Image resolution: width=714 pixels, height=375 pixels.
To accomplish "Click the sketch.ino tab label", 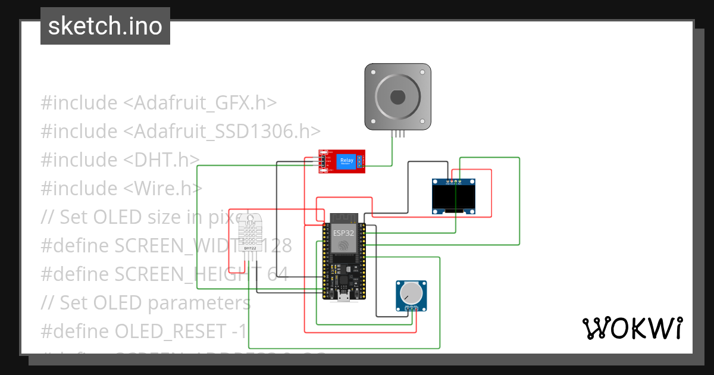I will (105, 26).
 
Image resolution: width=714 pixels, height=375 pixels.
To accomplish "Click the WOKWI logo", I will (632, 328).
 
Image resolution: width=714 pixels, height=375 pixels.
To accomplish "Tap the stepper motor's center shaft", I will (397, 96).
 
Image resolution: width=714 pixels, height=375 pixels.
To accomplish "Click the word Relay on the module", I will (346, 160).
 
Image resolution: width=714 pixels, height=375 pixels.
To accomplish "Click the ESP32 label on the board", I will (342, 233).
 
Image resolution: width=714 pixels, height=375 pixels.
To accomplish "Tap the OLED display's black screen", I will (453, 196).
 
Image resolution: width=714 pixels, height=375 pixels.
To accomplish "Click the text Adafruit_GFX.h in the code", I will (200, 103).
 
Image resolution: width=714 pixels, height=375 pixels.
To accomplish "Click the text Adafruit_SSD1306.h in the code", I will (222, 132).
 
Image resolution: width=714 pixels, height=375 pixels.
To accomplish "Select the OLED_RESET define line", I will (143, 331).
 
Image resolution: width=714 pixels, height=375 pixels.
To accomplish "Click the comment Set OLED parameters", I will (155, 302).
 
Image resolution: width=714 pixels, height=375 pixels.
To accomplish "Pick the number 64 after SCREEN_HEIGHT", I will (277, 274).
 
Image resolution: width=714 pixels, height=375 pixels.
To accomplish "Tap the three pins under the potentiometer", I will (412, 308).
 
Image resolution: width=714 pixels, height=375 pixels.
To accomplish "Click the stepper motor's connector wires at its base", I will (397, 134).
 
